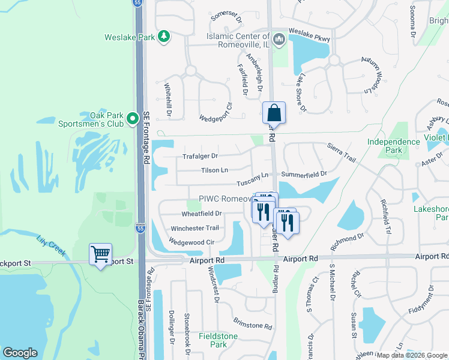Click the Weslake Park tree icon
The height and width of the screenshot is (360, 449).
pyautogui.click(x=163, y=37)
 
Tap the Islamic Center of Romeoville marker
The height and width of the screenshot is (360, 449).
pyautogui.click(x=278, y=40)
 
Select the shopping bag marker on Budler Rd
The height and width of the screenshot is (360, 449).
pyautogui.click(x=274, y=113)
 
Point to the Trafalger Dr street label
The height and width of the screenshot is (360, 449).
pyautogui.click(x=200, y=157)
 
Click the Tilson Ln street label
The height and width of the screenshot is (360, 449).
pyautogui.click(x=214, y=170)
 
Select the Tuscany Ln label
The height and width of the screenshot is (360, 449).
pyautogui.click(x=252, y=179)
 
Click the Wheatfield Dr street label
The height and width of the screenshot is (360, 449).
pyautogui.click(x=202, y=213)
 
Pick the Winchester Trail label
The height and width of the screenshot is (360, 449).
pyautogui.click(x=194, y=228)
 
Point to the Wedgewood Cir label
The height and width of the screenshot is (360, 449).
pyautogui.click(x=192, y=242)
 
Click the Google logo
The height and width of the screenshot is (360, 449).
pyautogui.click(x=20, y=353)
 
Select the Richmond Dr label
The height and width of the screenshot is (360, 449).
pyautogui.click(x=347, y=242)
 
